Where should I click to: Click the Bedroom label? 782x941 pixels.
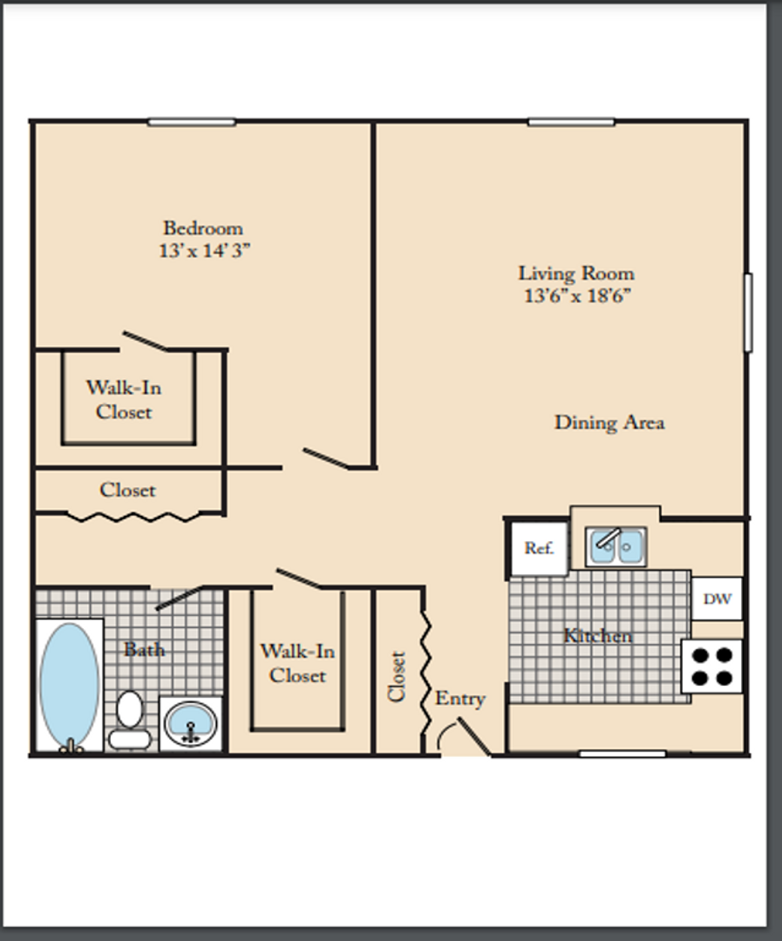point(203,228)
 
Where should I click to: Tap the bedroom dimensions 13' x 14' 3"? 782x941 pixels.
point(204,250)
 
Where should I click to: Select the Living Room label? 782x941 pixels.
point(576,274)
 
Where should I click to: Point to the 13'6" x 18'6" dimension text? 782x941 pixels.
point(578,296)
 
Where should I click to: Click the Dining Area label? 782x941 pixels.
point(609,423)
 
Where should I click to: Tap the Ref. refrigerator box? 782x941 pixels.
point(539,549)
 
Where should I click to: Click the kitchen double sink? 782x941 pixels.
point(615,546)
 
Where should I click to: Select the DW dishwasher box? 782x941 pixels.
point(717,599)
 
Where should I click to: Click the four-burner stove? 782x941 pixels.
point(711,667)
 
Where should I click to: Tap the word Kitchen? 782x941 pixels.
point(598,635)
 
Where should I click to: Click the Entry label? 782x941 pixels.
point(460,699)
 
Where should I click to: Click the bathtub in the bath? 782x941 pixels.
point(69,686)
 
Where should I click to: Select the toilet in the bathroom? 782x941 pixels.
point(130,721)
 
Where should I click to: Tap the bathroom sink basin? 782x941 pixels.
point(190,723)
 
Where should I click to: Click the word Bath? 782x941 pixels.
point(144,649)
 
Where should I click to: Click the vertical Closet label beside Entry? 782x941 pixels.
point(397,676)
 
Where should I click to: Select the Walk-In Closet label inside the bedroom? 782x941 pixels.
point(124,400)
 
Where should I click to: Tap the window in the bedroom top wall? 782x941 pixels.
point(192,123)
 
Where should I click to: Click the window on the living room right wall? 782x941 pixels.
point(748,312)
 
